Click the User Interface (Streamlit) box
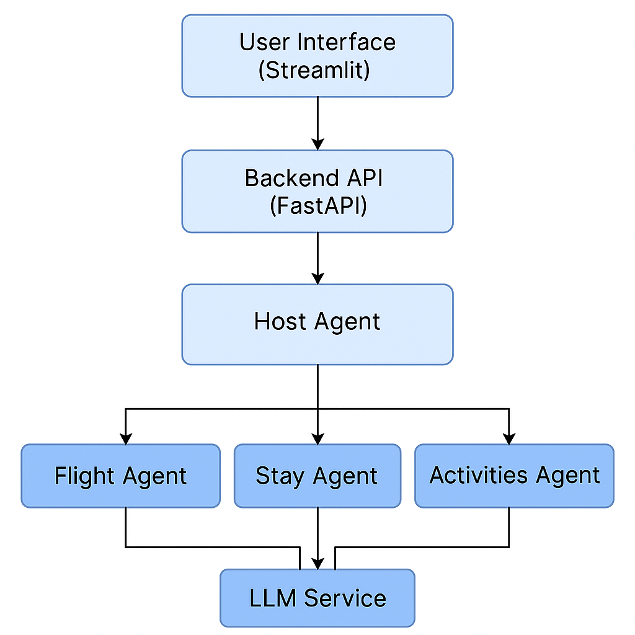point(317,56)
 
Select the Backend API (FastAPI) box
point(317,191)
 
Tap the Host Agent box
point(317,324)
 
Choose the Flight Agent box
point(120,476)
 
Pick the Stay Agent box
point(317,476)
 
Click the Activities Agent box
point(514,476)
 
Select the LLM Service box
point(317,598)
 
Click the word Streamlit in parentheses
point(314,69)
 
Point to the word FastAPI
point(318,205)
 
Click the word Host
point(280,322)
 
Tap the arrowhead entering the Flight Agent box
point(126,439)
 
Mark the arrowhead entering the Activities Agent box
point(508,439)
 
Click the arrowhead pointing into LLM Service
point(317,564)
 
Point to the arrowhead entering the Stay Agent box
point(317,439)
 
